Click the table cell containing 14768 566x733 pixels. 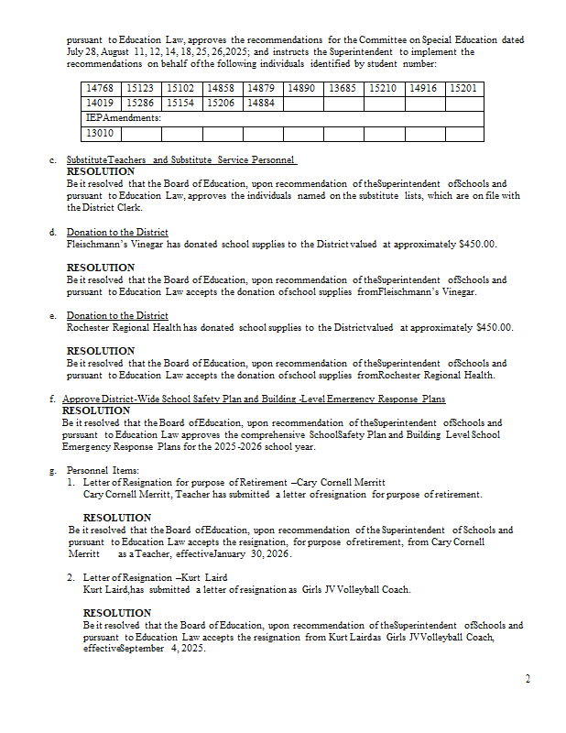click(98, 88)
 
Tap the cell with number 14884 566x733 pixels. click(261, 104)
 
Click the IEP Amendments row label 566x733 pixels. click(124, 118)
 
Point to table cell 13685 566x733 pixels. click(343, 88)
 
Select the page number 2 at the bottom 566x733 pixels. click(528, 679)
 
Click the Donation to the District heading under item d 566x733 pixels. click(117, 233)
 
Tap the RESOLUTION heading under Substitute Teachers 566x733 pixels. click(101, 171)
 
